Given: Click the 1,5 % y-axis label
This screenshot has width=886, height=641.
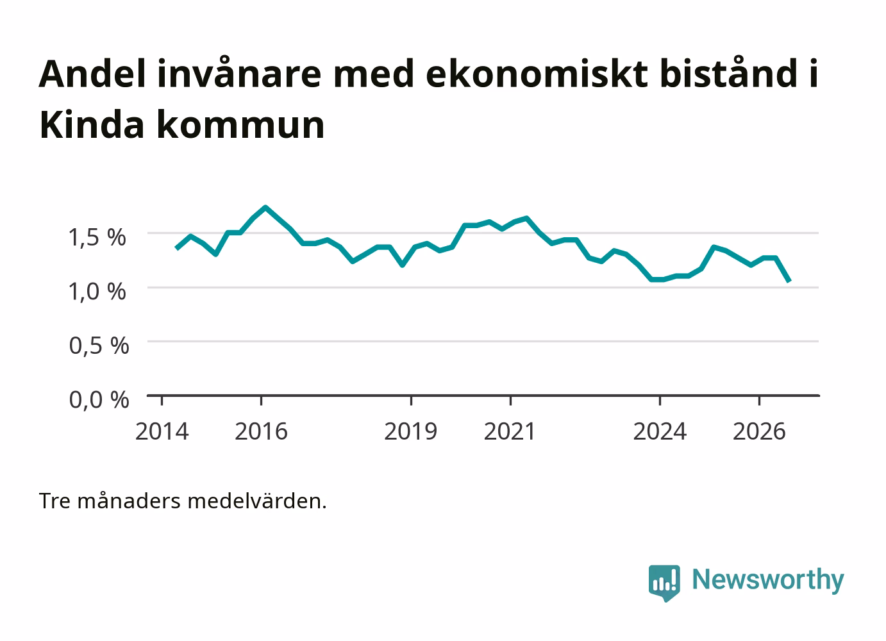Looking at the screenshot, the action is [97, 237].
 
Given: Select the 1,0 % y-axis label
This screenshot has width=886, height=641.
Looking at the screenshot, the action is [97, 292].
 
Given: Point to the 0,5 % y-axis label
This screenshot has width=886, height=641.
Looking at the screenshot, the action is [99, 345].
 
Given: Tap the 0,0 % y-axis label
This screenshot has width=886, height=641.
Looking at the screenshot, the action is [99, 399].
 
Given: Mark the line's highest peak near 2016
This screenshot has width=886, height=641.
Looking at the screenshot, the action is [265, 207].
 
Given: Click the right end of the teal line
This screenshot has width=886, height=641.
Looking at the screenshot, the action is [789, 281].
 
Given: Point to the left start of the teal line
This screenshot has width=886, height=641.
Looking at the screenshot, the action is [176, 248].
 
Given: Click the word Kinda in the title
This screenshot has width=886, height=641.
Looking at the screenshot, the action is [92, 124].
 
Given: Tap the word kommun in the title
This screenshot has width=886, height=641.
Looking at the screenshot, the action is [240, 124].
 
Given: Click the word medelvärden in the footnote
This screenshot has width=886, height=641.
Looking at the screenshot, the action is [257, 501].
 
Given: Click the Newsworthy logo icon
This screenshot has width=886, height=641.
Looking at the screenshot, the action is [664, 583].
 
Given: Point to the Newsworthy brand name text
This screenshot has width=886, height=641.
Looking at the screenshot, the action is [768, 580].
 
